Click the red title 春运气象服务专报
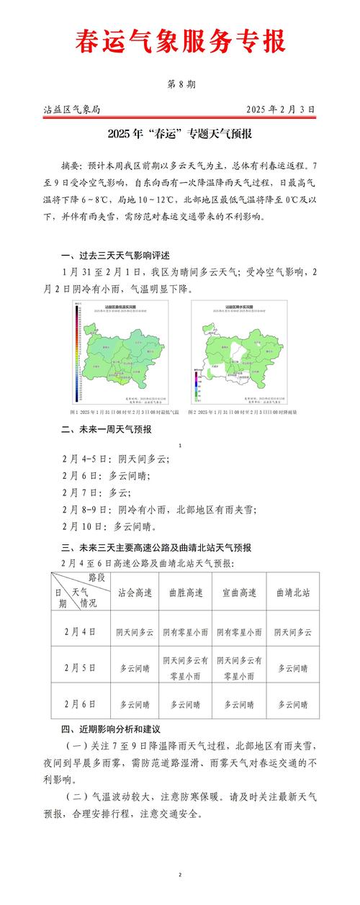tap(180, 41)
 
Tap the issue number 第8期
tap(180, 84)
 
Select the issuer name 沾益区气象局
tap(71, 109)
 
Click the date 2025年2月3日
tap(280, 109)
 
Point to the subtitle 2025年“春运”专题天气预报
tap(180, 134)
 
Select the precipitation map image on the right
tap(238, 352)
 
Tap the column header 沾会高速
tap(135, 593)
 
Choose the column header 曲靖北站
tap(293, 593)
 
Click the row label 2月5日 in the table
tap(80, 667)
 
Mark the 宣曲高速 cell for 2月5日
tap(239, 667)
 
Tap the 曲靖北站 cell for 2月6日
tap(293, 704)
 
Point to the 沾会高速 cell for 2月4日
tap(135, 631)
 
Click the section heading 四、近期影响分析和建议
tap(114, 730)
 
